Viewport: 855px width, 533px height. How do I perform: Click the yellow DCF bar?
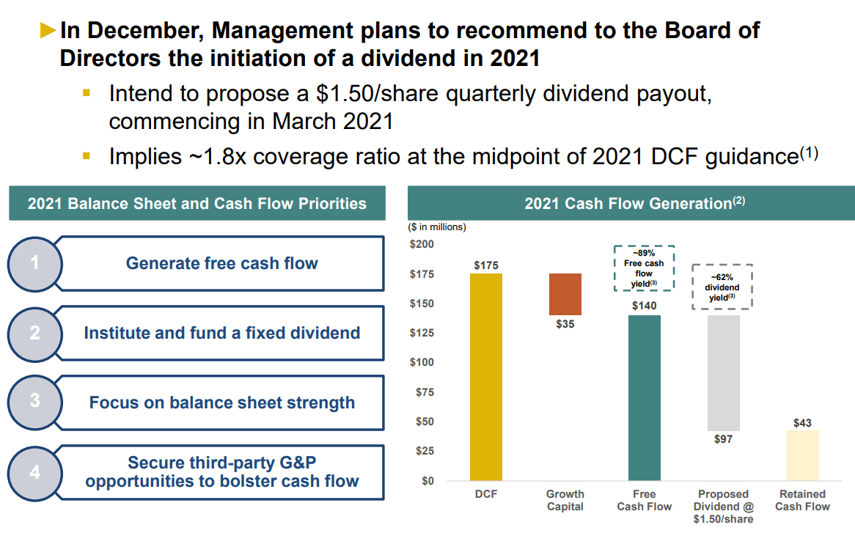(485, 377)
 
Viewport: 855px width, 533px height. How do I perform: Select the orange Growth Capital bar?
(565, 294)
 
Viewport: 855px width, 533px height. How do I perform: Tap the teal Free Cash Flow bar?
(645, 397)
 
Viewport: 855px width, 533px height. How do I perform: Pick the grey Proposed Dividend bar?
(723, 372)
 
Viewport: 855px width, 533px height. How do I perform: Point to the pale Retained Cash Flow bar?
(802, 455)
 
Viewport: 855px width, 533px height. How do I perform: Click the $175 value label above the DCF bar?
(485, 265)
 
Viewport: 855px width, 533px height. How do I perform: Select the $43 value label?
(802, 423)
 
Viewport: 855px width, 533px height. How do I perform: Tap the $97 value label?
(723, 439)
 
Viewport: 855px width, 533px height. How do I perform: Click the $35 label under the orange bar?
(565, 324)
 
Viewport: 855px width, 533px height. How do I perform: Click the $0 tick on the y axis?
(427, 481)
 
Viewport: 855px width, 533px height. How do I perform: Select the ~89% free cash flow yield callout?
(644, 268)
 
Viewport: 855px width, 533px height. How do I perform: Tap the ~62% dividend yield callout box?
(722, 287)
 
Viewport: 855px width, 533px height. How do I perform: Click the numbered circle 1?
(34, 262)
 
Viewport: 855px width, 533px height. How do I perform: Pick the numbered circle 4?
(34, 472)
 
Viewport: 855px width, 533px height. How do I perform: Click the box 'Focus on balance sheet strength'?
(221, 402)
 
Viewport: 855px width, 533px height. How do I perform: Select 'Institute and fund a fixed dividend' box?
(221, 333)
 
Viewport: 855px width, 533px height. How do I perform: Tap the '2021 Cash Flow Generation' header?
(631, 203)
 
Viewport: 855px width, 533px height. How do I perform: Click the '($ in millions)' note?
(437, 227)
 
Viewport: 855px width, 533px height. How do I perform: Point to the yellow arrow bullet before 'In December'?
(48, 30)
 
